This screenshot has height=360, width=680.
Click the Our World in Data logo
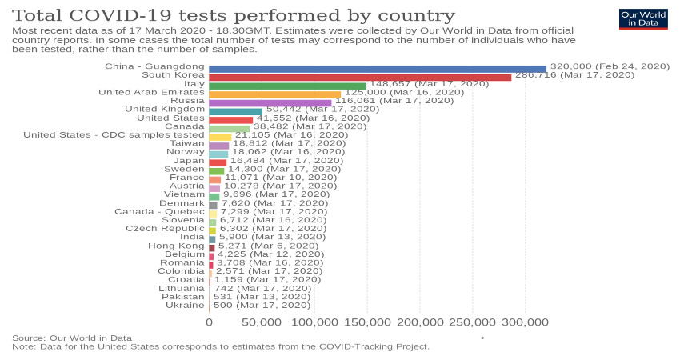click(643, 19)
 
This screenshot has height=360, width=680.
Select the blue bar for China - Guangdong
click(377, 69)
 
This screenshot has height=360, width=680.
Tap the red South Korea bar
click(360, 77)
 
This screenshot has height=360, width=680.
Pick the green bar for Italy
click(287, 86)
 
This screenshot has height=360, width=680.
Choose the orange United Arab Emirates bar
click(274, 94)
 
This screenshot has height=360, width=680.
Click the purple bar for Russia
click(270, 103)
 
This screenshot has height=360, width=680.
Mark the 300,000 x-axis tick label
click(524, 322)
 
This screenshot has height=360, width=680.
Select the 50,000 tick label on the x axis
click(261, 322)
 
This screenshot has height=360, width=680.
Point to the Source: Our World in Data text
click(72, 338)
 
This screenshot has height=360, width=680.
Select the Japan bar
click(218, 162)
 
